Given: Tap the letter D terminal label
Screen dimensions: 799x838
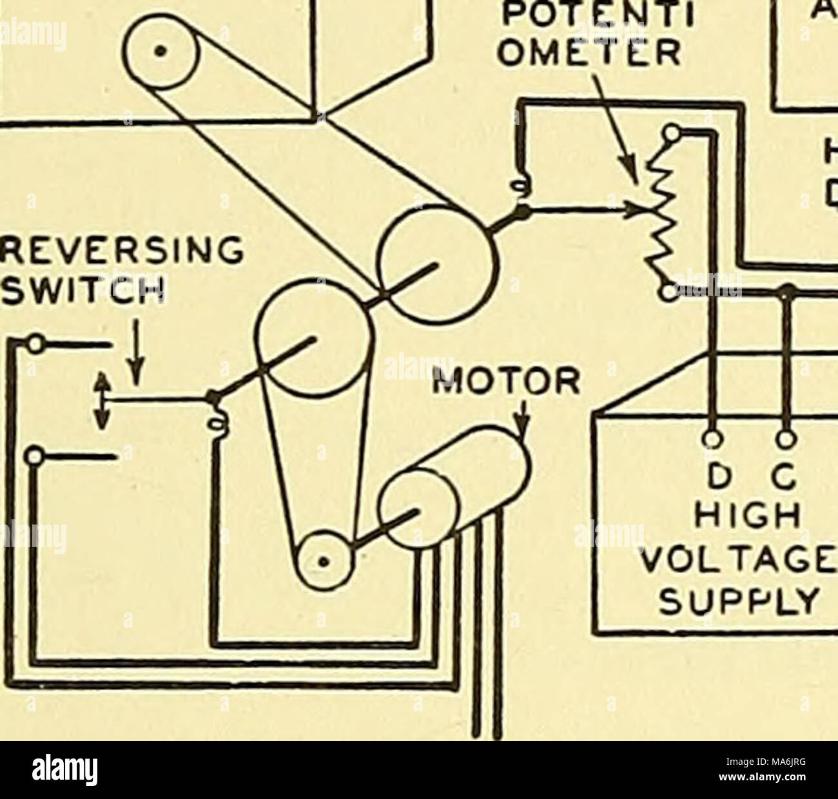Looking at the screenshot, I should tap(712, 480).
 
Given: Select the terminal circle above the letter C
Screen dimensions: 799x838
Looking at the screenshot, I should tap(786, 439).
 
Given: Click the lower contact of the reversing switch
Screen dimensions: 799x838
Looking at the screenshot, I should tap(34, 457).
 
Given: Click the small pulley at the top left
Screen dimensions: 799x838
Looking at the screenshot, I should tap(163, 51).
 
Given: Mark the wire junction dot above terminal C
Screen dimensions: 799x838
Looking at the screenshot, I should tap(786, 291).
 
